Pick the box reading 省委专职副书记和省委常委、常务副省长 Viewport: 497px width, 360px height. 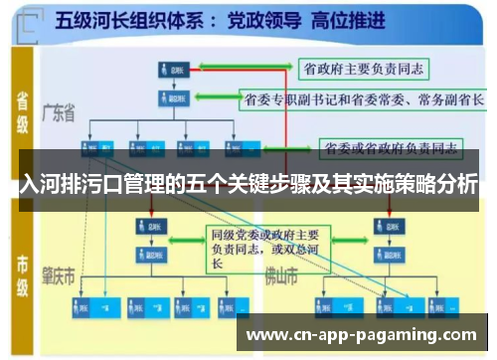click(364, 99)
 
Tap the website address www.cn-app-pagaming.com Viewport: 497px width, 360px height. click(361, 334)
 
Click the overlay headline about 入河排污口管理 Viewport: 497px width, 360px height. click(248, 185)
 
